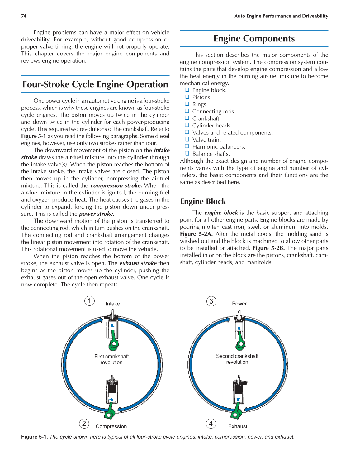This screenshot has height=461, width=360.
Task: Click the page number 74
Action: tap(24, 16)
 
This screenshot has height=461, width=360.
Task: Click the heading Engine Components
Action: tap(254, 39)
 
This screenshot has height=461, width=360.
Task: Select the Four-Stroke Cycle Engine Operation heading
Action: tap(95, 84)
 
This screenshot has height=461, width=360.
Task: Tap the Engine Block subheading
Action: tap(203, 201)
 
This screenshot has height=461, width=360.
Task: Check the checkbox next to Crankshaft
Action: tap(187, 118)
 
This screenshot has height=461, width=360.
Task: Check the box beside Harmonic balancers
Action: tap(187, 146)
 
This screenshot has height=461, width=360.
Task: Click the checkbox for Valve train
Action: tap(187, 139)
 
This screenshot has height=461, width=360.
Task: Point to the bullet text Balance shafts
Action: tap(211, 154)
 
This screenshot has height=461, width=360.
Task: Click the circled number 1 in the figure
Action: tap(89, 301)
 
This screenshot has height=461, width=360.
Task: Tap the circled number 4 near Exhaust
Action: tap(211, 424)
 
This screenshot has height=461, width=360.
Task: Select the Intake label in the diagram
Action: tap(112, 304)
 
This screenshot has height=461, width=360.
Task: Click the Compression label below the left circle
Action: tap(111, 426)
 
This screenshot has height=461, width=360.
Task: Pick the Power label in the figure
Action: tap(239, 304)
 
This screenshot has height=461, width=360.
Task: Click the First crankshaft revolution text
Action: tap(111, 359)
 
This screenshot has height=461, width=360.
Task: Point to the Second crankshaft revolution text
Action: tap(237, 359)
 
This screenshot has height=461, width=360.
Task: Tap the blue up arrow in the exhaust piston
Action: tap(238, 399)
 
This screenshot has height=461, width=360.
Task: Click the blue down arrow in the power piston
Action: tap(239, 329)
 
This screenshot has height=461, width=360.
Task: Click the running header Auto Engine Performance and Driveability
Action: tap(281, 16)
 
